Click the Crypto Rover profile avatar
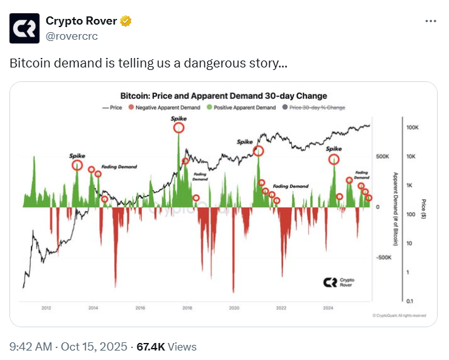click(25, 28)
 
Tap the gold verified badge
click(126, 21)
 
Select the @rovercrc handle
click(72, 36)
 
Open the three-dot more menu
click(431, 21)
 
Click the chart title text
click(223, 96)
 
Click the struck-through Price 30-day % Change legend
click(317, 108)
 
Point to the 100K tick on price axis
click(413, 128)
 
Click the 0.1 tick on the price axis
click(410, 301)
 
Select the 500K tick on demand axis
click(383, 156)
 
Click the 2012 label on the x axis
click(46, 308)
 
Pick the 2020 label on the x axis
click(234, 308)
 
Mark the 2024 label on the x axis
click(328, 308)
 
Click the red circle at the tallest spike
click(179, 127)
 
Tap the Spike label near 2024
click(333, 149)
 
